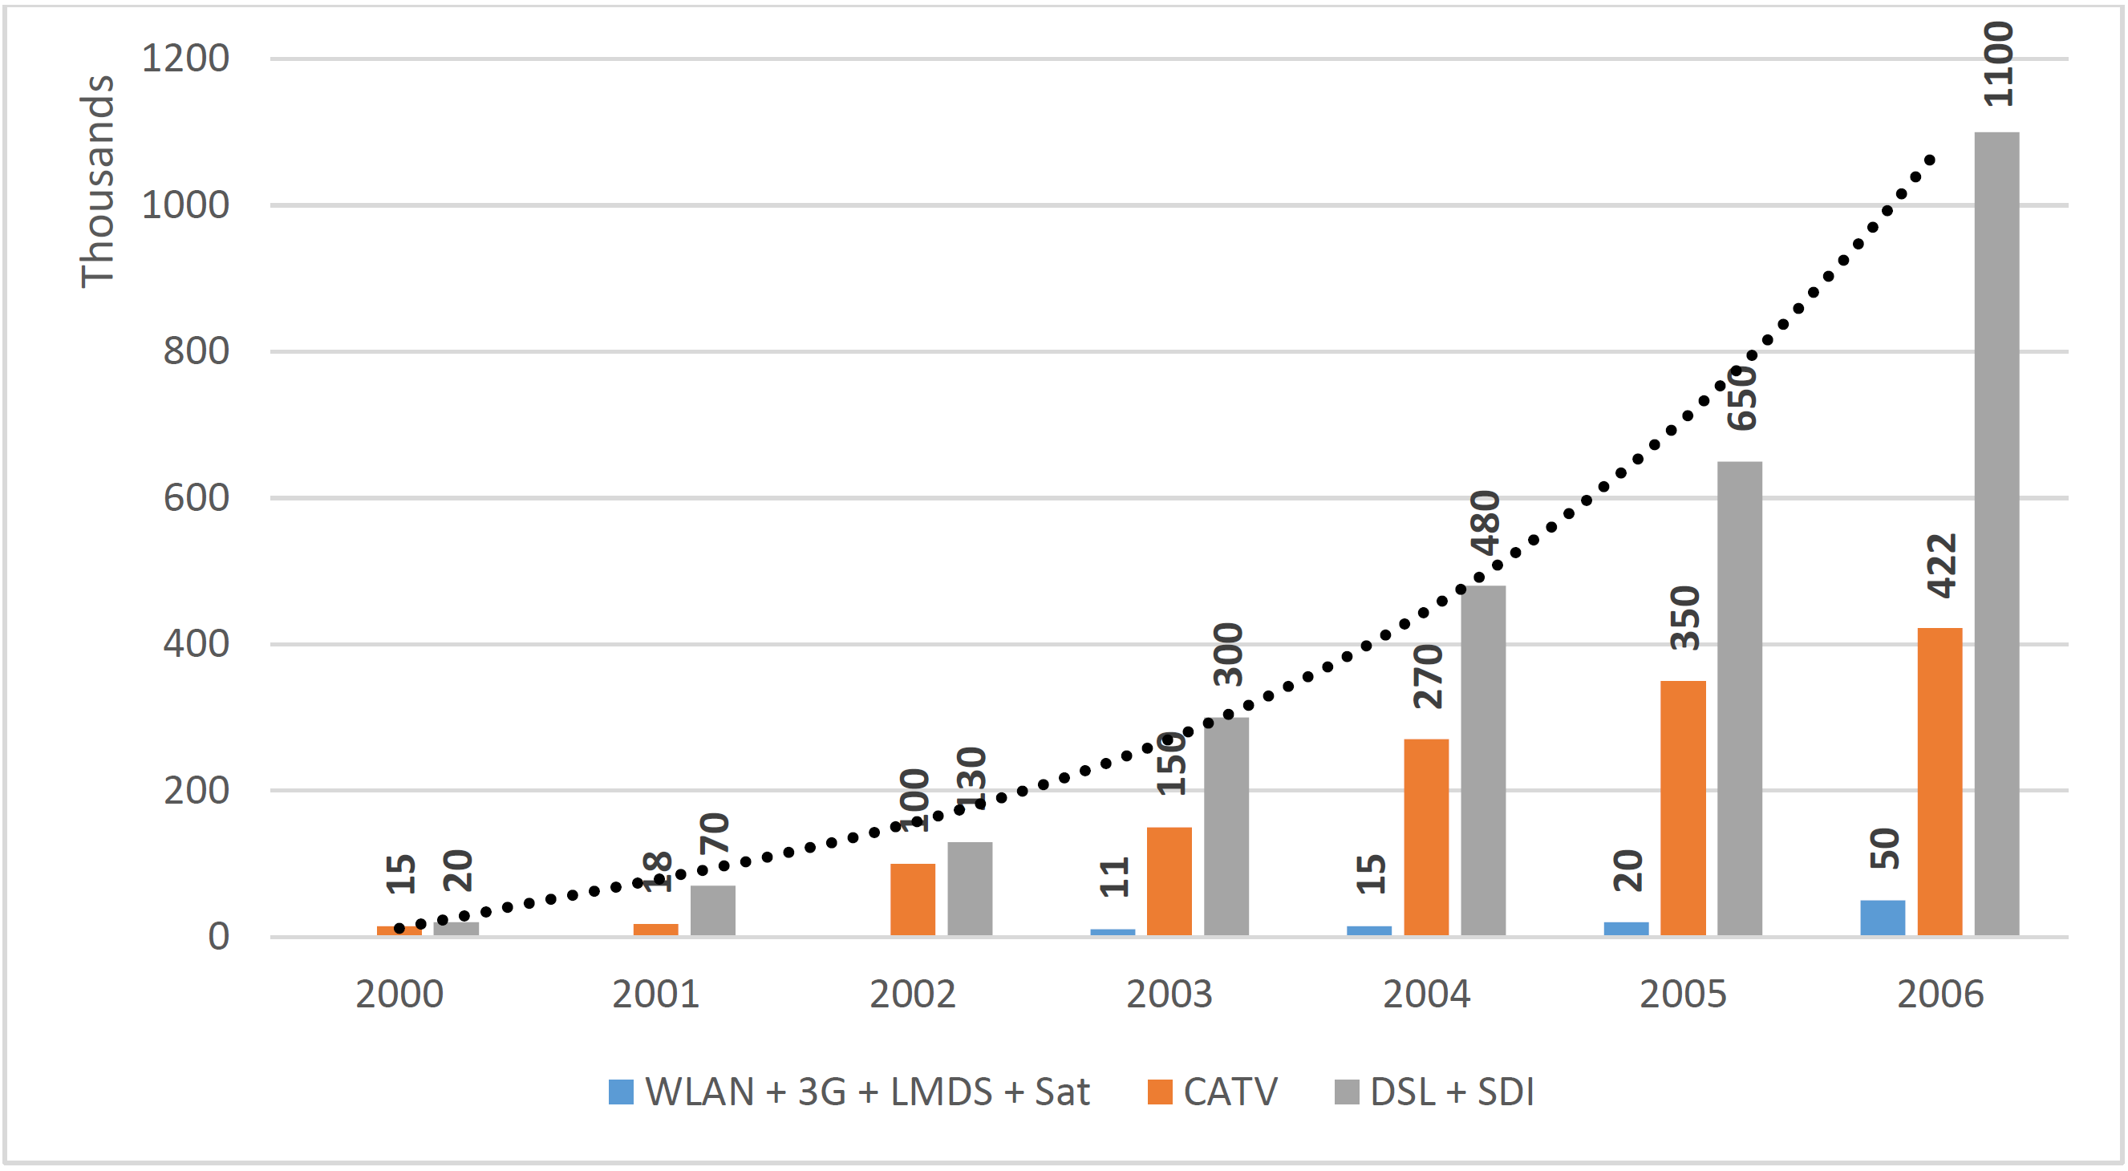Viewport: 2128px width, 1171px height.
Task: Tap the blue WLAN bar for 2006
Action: [1882, 918]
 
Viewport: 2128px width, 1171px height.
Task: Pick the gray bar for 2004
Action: [1483, 760]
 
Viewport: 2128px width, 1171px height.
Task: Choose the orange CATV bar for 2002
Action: [912, 899]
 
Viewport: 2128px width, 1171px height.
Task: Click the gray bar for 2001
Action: [712, 910]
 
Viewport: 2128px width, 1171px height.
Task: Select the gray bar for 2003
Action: [1226, 826]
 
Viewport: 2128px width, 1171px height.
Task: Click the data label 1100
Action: [1997, 63]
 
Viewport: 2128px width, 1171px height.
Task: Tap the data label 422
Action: [1940, 565]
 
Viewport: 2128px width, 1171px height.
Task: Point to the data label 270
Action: [1428, 676]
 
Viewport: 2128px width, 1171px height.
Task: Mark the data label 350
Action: [1684, 618]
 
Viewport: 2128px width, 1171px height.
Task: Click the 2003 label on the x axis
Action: [1169, 995]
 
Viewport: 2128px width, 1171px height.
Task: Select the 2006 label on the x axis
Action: [1939, 995]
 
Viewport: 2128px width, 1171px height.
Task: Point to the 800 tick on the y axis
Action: [196, 352]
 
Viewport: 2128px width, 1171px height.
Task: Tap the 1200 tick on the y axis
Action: [185, 59]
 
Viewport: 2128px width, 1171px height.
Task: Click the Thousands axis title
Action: [96, 182]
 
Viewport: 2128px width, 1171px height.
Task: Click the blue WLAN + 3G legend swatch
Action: [620, 1092]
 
